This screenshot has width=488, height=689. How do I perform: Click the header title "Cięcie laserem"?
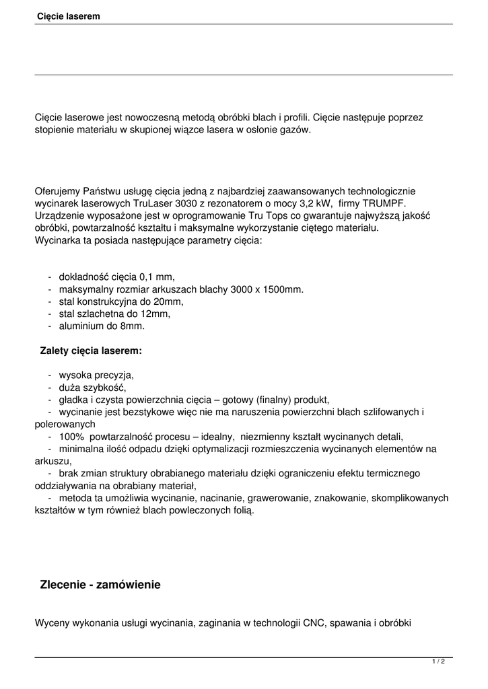point(69,16)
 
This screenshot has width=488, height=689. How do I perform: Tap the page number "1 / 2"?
point(439,661)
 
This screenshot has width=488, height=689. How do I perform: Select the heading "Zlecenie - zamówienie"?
point(100,585)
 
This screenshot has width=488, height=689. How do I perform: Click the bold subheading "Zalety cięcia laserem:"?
point(91,351)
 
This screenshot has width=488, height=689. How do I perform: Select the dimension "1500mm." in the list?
point(279,289)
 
